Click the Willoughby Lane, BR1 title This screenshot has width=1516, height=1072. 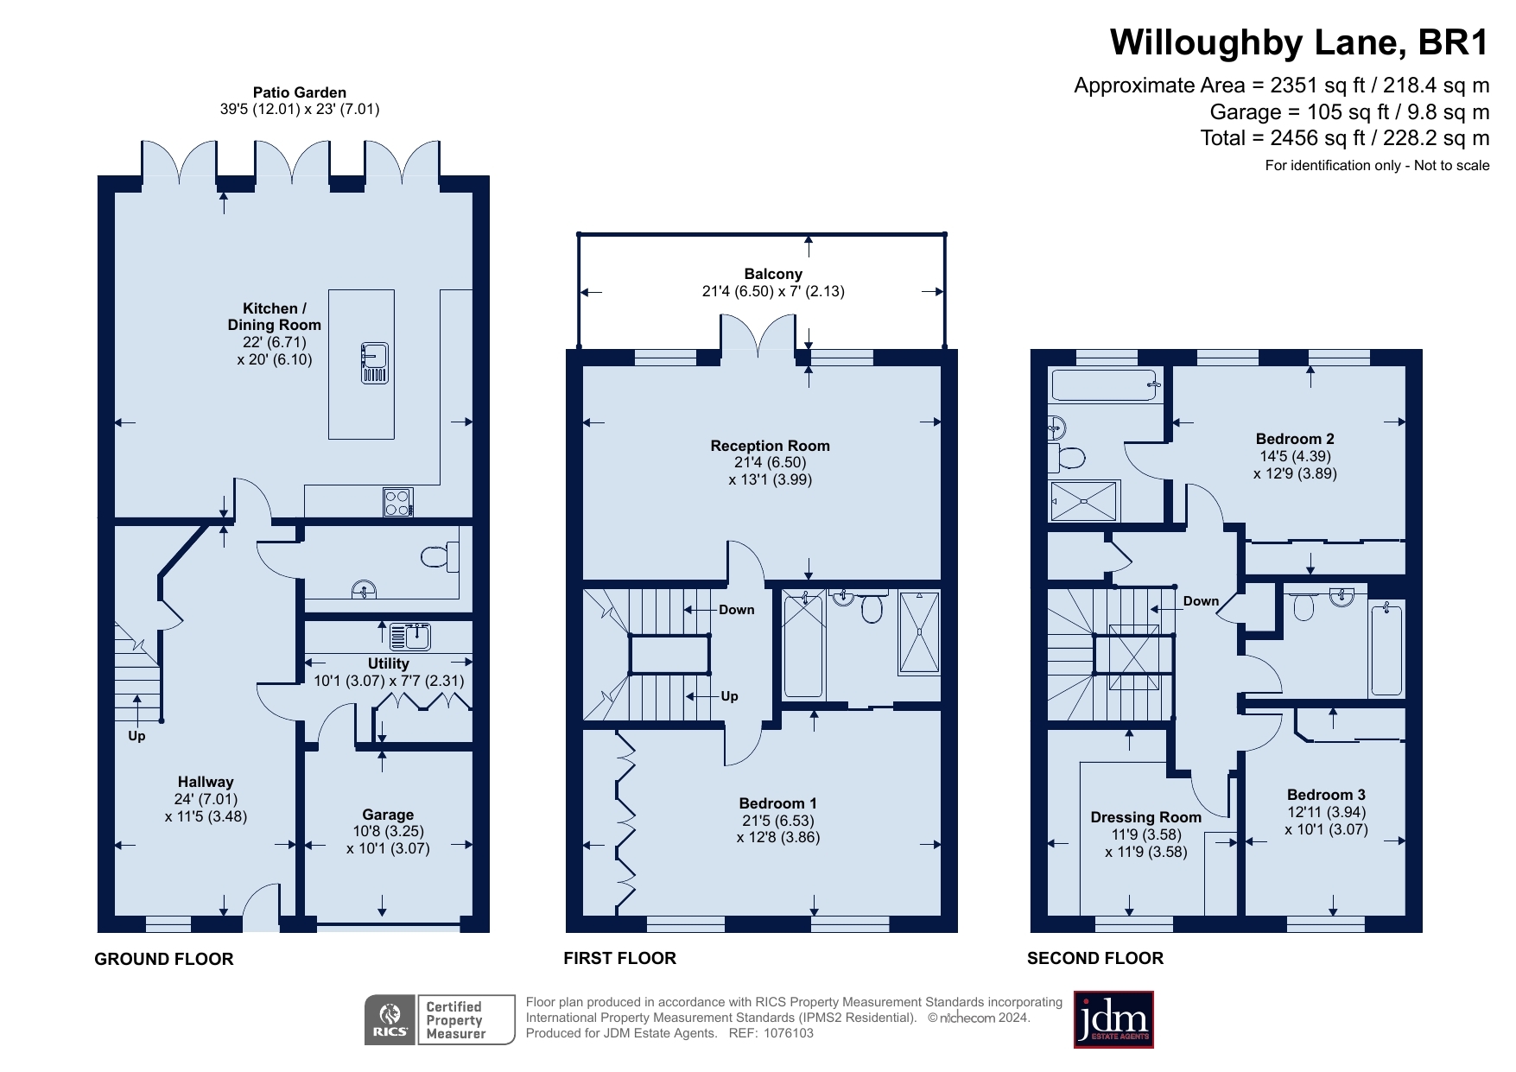pyautogui.click(x=1299, y=42)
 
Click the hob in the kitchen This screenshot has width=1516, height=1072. pyautogui.click(x=397, y=503)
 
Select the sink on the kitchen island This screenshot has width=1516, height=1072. pyautogui.click(x=374, y=363)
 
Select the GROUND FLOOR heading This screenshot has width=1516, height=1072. pyautogui.click(x=164, y=959)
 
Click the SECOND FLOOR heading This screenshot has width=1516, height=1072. pyautogui.click(x=1095, y=958)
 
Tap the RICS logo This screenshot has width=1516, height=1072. pyautogui.click(x=390, y=1020)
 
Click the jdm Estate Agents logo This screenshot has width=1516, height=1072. pyautogui.click(x=1113, y=1019)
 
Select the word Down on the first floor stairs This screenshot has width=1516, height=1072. pyautogui.click(x=736, y=610)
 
